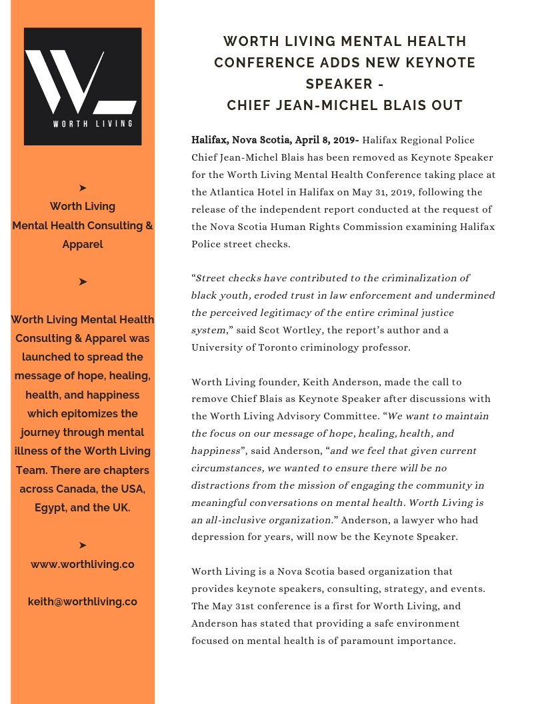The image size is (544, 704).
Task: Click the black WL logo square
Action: [83, 86]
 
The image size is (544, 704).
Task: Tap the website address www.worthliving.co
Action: [83, 564]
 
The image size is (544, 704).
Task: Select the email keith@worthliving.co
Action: [83, 601]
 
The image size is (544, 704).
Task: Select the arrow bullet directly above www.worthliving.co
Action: [83, 545]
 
